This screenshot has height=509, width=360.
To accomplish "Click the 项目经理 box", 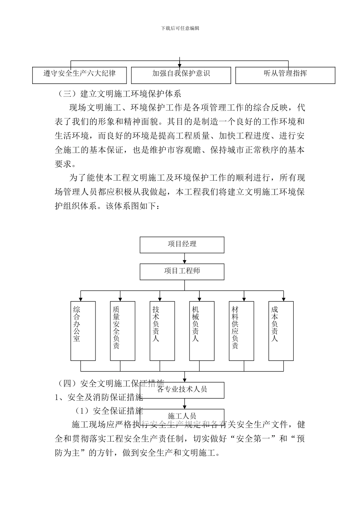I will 182,245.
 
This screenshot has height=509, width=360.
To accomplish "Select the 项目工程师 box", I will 182,272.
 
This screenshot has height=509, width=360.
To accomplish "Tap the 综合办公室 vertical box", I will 83,331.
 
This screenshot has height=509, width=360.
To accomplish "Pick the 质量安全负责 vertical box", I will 122,331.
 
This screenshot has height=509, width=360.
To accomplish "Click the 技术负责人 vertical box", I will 162,331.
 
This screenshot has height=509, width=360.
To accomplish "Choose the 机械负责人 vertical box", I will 202,331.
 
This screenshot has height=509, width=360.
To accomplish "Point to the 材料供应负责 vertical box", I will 241,331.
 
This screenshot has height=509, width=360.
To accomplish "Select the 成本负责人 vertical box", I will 281,331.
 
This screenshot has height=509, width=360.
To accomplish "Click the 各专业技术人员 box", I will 182,390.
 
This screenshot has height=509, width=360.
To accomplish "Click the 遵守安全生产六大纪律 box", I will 79,75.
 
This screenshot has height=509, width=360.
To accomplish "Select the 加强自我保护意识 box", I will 181,75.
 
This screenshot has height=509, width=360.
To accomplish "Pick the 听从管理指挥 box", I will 285,75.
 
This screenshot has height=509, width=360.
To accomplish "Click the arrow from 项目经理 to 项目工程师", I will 185,259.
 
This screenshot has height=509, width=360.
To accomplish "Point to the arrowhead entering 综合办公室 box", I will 81,299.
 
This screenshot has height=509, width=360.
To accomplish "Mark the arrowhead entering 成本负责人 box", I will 283,299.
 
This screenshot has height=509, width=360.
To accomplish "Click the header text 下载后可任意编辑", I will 180,28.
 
